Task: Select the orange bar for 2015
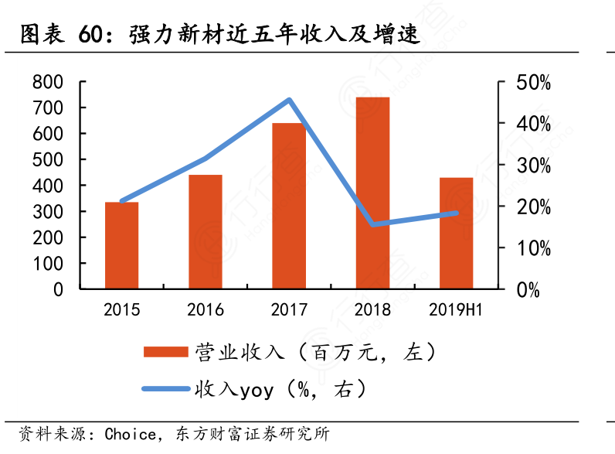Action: coord(121,245)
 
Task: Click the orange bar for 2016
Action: coord(206,232)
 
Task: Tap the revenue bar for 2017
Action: coord(289,206)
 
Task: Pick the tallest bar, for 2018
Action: coord(372,193)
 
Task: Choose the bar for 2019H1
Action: coord(456,233)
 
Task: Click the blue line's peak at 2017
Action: coord(289,100)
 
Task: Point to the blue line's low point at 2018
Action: coord(372,224)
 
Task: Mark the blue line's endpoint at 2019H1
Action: coord(456,213)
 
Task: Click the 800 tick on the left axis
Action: coord(48,82)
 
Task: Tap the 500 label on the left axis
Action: coord(48,160)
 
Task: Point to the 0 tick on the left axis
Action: coord(57,289)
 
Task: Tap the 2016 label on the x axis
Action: coord(206,310)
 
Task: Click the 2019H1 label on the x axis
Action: coord(456,310)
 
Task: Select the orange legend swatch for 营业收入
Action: coord(166,352)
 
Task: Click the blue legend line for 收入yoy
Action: coord(166,389)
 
